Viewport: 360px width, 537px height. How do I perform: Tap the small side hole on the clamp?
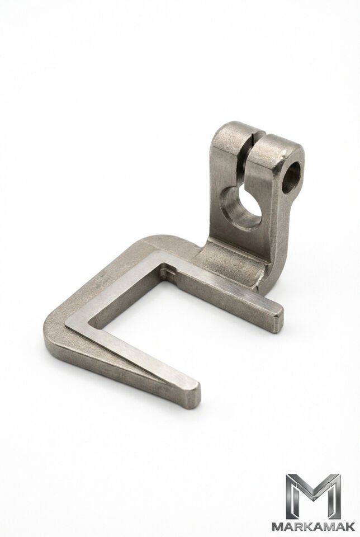pyautogui.click(x=292, y=177)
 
